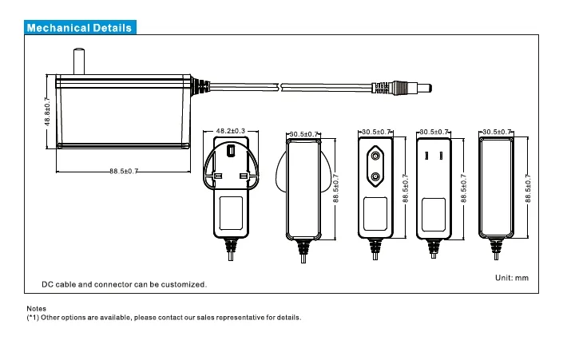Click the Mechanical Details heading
pos(80,28)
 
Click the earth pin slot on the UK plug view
pos(231,149)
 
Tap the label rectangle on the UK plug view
pos(231,212)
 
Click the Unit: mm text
pos(512,277)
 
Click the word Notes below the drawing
pos(37,308)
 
